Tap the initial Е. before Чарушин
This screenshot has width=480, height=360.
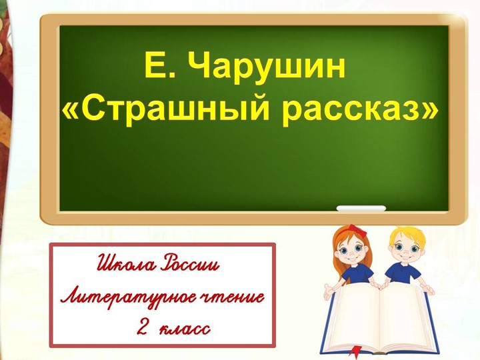coord(158,67)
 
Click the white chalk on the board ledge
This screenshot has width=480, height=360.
coord(361,209)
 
